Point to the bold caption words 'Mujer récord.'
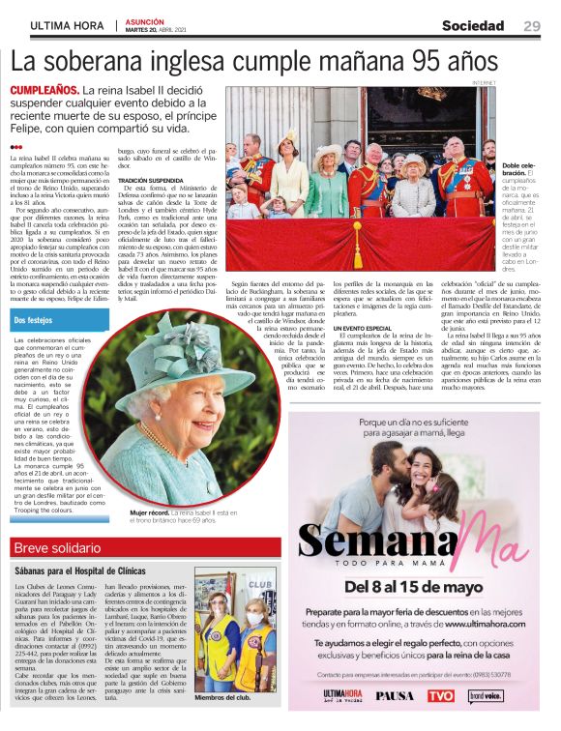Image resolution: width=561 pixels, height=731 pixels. [151, 511]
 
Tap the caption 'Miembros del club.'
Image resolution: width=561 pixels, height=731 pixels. [222, 698]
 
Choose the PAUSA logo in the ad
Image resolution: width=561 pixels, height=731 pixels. [393, 694]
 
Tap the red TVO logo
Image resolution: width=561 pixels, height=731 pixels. [440, 694]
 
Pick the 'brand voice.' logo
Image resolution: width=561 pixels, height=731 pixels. [487, 694]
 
